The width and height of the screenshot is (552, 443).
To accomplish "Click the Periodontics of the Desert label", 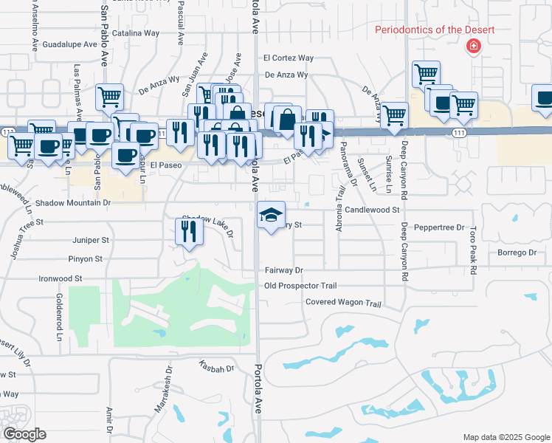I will pyautogui.click(x=435, y=30).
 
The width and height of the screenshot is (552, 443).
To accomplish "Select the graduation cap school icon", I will pyautogui.click(x=271, y=215).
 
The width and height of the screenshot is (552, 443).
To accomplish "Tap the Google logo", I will pyautogui.click(x=24, y=434).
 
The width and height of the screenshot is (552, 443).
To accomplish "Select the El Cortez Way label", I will pyautogui.click(x=289, y=58).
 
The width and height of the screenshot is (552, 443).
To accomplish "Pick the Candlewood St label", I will pyautogui.click(x=372, y=210).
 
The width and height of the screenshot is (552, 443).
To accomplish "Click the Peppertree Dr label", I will pyautogui.click(x=439, y=227).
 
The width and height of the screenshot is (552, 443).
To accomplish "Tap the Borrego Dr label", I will pyautogui.click(x=516, y=253).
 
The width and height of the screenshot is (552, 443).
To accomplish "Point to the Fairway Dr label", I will pyautogui.click(x=284, y=271).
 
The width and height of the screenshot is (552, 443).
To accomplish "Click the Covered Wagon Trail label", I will pyautogui.click(x=343, y=303).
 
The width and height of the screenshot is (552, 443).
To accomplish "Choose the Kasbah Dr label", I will pyautogui.click(x=216, y=367).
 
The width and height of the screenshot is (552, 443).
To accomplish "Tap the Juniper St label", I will pyautogui.click(x=91, y=240).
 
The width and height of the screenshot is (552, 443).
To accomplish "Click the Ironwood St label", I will pyautogui.click(x=61, y=279).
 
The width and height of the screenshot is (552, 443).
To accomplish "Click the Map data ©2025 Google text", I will pyautogui.click(x=506, y=437).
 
